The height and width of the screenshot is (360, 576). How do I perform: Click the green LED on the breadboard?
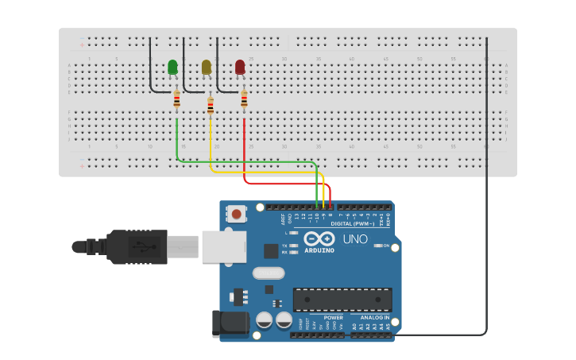tap(173, 68)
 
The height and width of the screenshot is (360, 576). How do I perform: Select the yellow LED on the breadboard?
tap(207, 68)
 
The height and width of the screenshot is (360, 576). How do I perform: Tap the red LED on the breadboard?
tap(240, 68)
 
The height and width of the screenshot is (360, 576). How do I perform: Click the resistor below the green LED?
tap(176, 99)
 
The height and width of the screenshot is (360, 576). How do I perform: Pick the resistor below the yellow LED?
tap(211, 105)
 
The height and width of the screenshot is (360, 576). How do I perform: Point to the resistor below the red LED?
tap(244, 99)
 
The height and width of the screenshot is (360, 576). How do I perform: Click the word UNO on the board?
tap(354, 239)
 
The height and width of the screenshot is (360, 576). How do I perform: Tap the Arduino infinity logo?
tap(319, 239)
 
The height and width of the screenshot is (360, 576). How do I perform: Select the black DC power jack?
tap(226, 324)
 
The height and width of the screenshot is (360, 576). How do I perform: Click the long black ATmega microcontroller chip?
tap(342, 300)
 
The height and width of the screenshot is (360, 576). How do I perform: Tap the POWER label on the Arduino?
tap(333, 317)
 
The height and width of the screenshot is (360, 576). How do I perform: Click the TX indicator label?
tap(284, 246)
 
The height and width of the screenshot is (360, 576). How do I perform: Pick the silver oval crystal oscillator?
tap(268, 273)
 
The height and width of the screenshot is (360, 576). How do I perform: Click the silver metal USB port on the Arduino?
tap(223, 246)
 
